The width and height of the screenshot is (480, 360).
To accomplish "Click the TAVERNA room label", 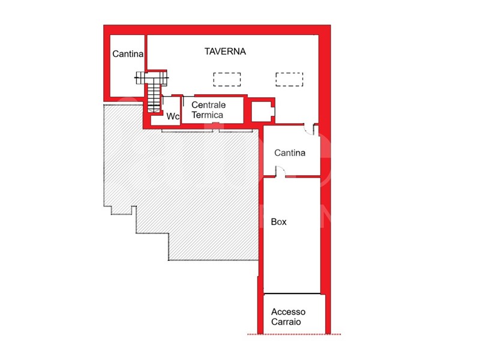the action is (225, 52).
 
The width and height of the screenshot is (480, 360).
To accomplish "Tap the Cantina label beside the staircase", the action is (128, 54).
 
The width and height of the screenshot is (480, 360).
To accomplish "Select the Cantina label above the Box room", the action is (290, 153).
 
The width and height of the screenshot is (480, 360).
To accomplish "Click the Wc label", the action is (173, 116).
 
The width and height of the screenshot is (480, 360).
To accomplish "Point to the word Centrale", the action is (208, 105).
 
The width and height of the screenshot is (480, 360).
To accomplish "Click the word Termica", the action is (207, 115).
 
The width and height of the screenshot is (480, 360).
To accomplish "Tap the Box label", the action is (278, 221).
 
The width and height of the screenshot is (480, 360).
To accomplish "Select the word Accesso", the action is (288, 312).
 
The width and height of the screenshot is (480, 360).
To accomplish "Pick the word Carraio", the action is (286, 322).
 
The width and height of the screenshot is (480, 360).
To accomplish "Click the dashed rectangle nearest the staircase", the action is (227, 79).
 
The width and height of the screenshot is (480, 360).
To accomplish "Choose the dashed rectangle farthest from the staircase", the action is (289, 79).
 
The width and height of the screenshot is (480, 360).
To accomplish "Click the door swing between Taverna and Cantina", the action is (309, 129).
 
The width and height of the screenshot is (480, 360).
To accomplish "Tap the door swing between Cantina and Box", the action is (280, 172).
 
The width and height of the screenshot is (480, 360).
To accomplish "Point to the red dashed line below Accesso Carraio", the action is (294, 334).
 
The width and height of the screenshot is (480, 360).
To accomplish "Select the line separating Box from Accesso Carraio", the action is (292, 294).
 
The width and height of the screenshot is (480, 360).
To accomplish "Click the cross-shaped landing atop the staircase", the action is (152, 77).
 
